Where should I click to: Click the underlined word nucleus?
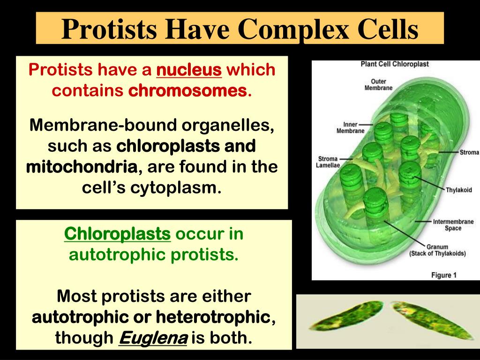click(x=189, y=70)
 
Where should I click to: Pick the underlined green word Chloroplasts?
click(x=117, y=233)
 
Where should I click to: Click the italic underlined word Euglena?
click(x=153, y=337)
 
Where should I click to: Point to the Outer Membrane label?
click(x=378, y=84)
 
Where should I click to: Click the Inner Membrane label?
click(x=350, y=127)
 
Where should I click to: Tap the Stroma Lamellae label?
click(x=328, y=162)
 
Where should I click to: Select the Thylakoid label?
click(x=458, y=190)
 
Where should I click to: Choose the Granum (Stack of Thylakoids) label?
click(x=437, y=250)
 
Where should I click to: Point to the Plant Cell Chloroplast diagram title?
click(x=395, y=64)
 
